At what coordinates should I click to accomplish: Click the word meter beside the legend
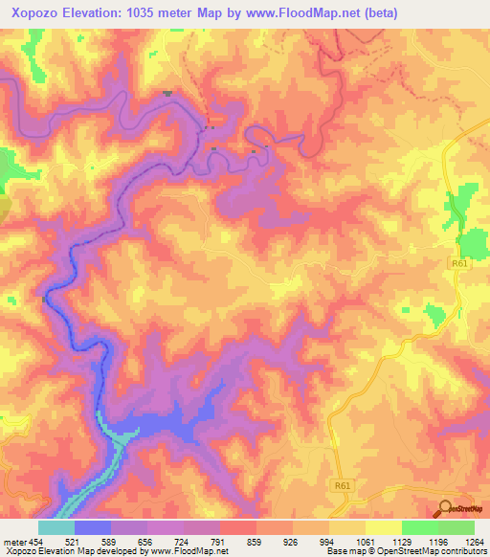14,543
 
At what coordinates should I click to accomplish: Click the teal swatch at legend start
56,527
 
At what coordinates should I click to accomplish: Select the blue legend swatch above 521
93,527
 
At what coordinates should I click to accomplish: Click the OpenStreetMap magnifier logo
446,509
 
